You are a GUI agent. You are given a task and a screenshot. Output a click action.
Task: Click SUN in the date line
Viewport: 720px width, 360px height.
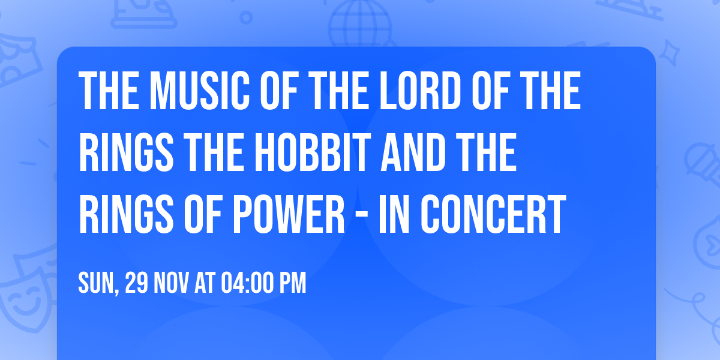coord(97,283)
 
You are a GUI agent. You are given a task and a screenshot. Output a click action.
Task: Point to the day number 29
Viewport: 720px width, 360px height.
coord(137,283)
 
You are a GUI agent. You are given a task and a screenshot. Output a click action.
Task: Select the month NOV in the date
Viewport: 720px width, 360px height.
coord(173,283)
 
